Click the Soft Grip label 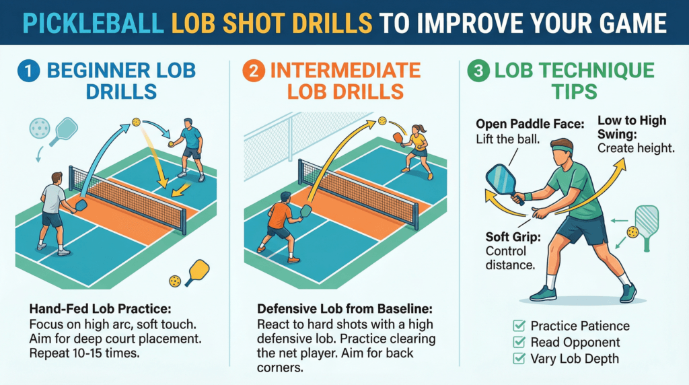[x=511, y=237]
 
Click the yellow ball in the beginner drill [x=137, y=122]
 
